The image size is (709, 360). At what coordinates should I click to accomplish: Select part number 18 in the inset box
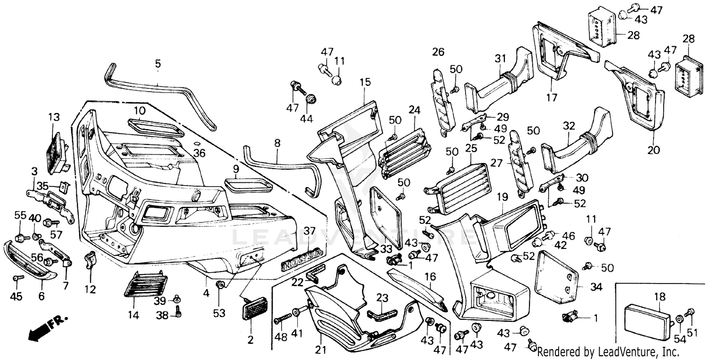pos(659,297)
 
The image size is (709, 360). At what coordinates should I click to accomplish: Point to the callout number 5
pos(158,63)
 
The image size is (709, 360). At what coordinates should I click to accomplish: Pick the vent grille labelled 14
pos(145,283)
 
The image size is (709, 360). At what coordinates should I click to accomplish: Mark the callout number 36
pos(200,153)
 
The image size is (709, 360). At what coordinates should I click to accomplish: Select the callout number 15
pos(365,82)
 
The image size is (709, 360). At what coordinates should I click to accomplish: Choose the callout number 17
pos(552,98)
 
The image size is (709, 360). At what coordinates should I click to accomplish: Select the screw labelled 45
pos(17,278)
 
